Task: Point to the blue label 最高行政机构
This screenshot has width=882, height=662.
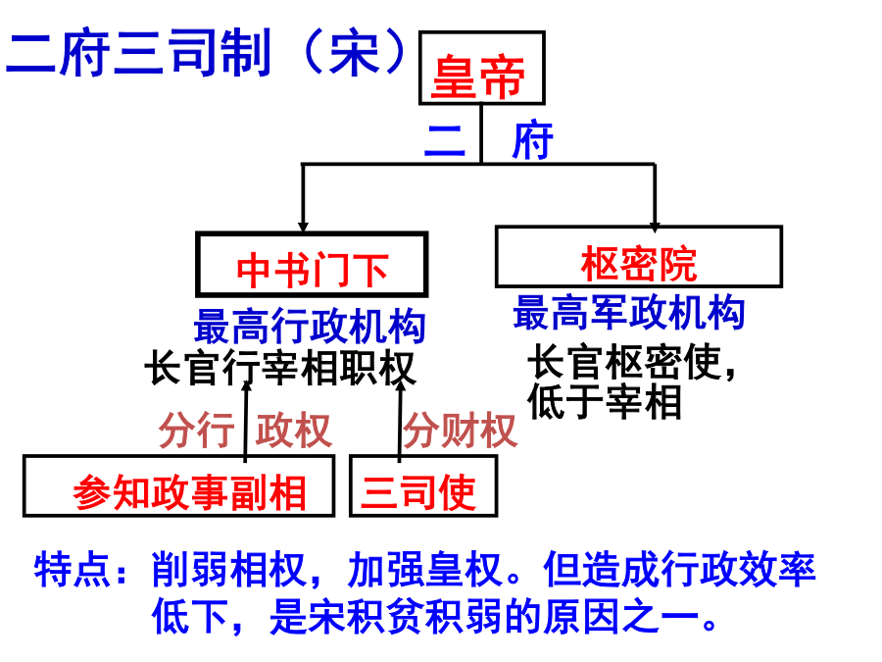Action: point(310,326)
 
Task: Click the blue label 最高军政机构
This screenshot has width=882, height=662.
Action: point(629,312)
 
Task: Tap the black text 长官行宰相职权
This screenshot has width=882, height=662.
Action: point(280,368)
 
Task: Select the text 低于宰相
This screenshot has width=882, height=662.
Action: point(605,401)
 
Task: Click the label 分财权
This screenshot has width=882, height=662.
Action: point(461,431)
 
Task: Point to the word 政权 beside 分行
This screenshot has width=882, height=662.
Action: point(294,431)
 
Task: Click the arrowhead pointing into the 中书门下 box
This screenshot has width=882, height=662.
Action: point(303,227)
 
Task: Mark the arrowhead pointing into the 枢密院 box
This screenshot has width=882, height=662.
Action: point(655,227)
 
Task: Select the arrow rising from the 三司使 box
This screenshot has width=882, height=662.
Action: point(400,421)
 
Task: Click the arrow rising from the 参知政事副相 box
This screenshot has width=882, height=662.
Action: point(246,421)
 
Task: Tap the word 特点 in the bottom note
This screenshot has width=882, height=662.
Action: point(72,570)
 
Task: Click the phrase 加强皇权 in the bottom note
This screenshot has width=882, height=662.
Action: point(424,570)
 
